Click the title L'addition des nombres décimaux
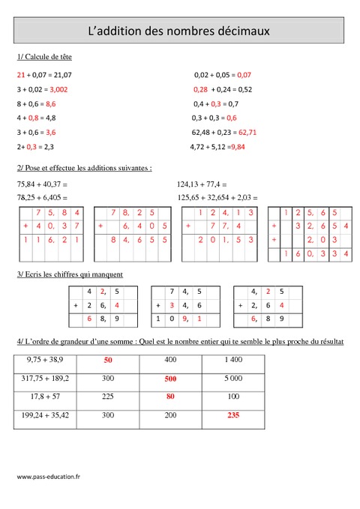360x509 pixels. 179,32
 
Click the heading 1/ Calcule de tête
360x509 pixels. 44,57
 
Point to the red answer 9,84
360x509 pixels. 237,146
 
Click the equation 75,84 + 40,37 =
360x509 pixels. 42,184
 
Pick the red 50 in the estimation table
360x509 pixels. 108,361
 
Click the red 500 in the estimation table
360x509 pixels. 171,379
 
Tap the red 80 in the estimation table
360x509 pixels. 171,397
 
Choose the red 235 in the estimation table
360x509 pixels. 234,415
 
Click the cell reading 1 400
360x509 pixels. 234,361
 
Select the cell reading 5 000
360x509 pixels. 234,379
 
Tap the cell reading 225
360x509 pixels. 108,397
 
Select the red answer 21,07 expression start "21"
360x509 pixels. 21,75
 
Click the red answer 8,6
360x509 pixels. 51,103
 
